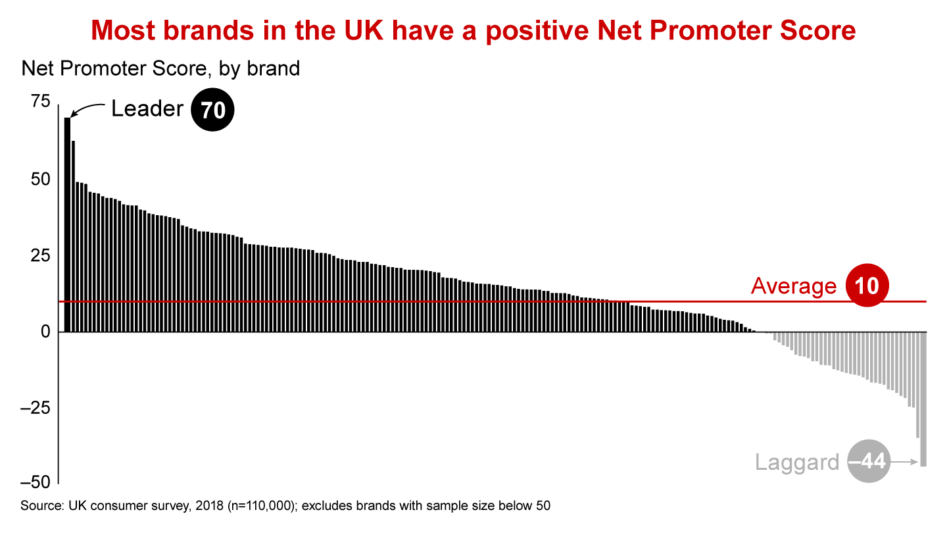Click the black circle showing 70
[x=212, y=109]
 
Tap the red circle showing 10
[x=867, y=285]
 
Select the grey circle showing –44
[x=869, y=461]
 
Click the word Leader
[x=147, y=109]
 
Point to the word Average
[x=794, y=286]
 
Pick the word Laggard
[x=797, y=462]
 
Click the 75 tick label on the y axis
[x=41, y=101]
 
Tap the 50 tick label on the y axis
[x=41, y=180]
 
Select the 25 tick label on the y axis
[x=41, y=255]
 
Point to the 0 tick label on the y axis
[x=45, y=332]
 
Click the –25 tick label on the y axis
[x=35, y=408]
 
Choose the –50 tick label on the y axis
[x=35, y=482]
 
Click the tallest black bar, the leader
[x=67, y=224]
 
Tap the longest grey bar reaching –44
[x=923, y=399]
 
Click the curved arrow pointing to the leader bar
[x=85, y=108]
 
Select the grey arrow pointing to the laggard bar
[x=905, y=462]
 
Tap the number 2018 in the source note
[x=209, y=506]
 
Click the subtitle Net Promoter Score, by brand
[x=160, y=68]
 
